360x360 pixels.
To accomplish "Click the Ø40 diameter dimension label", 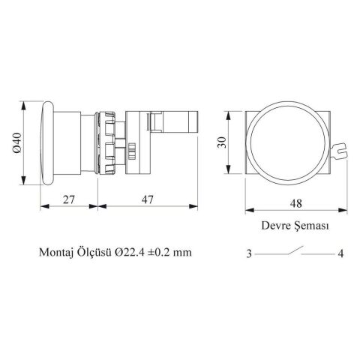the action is (18, 142).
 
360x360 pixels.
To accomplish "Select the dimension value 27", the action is (69, 199).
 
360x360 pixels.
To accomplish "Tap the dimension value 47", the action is (148, 199).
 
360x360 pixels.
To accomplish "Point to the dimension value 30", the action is (222, 142).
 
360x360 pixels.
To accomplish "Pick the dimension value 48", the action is (296, 203).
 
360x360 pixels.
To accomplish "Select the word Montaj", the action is (55, 253).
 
